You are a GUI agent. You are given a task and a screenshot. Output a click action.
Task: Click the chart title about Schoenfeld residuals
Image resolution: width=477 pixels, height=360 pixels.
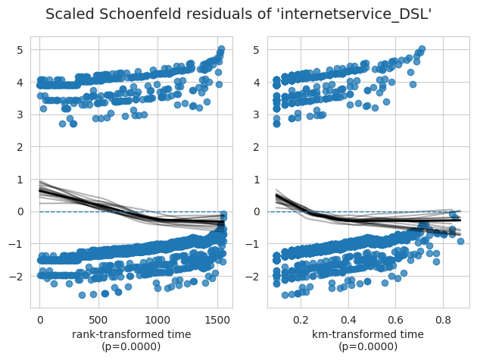pyautogui.click(x=238, y=14)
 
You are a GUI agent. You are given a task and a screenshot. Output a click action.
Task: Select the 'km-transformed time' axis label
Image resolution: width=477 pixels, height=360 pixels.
pyautogui.click(x=369, y=334)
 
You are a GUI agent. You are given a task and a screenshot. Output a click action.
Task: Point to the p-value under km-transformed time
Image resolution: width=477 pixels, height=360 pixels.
pyautogui.click(x=369, y=346)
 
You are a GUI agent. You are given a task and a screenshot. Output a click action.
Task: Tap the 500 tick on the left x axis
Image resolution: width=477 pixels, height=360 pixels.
pyautogui.click(x=98, y=320)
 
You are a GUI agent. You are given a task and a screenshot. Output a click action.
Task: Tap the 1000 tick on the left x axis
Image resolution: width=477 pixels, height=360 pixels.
pyautogui.click(x=157, y=320)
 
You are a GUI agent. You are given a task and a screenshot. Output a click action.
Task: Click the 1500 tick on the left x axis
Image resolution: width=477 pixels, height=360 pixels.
pyautogui.click(x=217, y=320)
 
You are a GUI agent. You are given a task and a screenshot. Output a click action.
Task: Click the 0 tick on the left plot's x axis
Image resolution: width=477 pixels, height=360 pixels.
pyautogui.click(x=39, y=320)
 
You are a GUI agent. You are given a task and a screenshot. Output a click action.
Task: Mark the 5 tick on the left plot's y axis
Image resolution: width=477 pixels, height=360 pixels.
pyautogui.click(x=21, y=50)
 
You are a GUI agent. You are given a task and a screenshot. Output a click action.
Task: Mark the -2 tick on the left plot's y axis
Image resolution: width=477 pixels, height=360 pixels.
pyautogui.click(x=19, y=277)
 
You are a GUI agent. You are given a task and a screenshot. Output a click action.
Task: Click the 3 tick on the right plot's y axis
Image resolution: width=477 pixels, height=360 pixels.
pyautogui.click(x=259, y=114)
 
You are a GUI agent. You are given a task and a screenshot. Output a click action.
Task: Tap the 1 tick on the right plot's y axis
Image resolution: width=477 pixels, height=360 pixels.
pyautogui.click(x=259, y=180)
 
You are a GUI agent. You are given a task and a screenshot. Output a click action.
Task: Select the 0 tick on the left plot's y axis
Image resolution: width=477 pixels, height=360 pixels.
pyautogui.click(x=21, y=211)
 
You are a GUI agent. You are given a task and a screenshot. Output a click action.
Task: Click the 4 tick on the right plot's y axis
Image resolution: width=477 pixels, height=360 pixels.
pyautogui.click(x=259, y=82)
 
